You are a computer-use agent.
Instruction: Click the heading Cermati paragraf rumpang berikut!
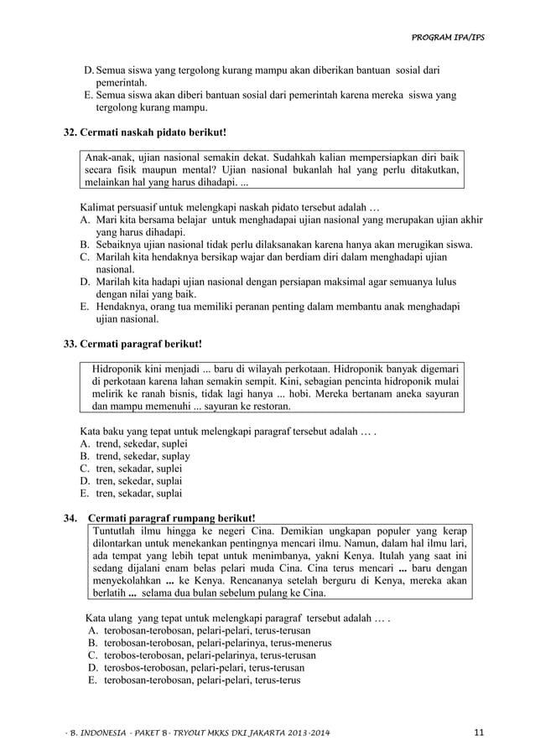tap(172, 519)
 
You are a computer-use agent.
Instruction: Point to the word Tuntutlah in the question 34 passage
tap(118, 531)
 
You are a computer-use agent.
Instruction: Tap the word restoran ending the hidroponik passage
tap(268, 406)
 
